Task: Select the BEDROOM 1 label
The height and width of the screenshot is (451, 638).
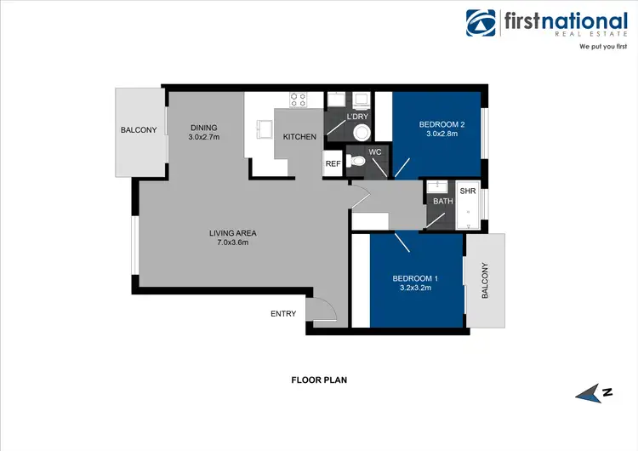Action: click(x=415, y=278)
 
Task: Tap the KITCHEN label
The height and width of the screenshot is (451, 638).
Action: click(x=299, y=137)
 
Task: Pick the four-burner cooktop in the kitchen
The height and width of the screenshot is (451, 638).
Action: click(x=298, y=100)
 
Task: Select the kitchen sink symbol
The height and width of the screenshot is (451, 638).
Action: click(x=264, y=129)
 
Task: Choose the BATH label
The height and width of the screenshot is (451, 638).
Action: click(x=443, y=202)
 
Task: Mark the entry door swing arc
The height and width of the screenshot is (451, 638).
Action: click(x=322, y=306)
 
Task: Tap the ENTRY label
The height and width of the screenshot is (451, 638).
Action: click(x=283, y=314)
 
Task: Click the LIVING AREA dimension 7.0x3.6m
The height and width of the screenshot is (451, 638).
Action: click(x=233, y=243)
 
